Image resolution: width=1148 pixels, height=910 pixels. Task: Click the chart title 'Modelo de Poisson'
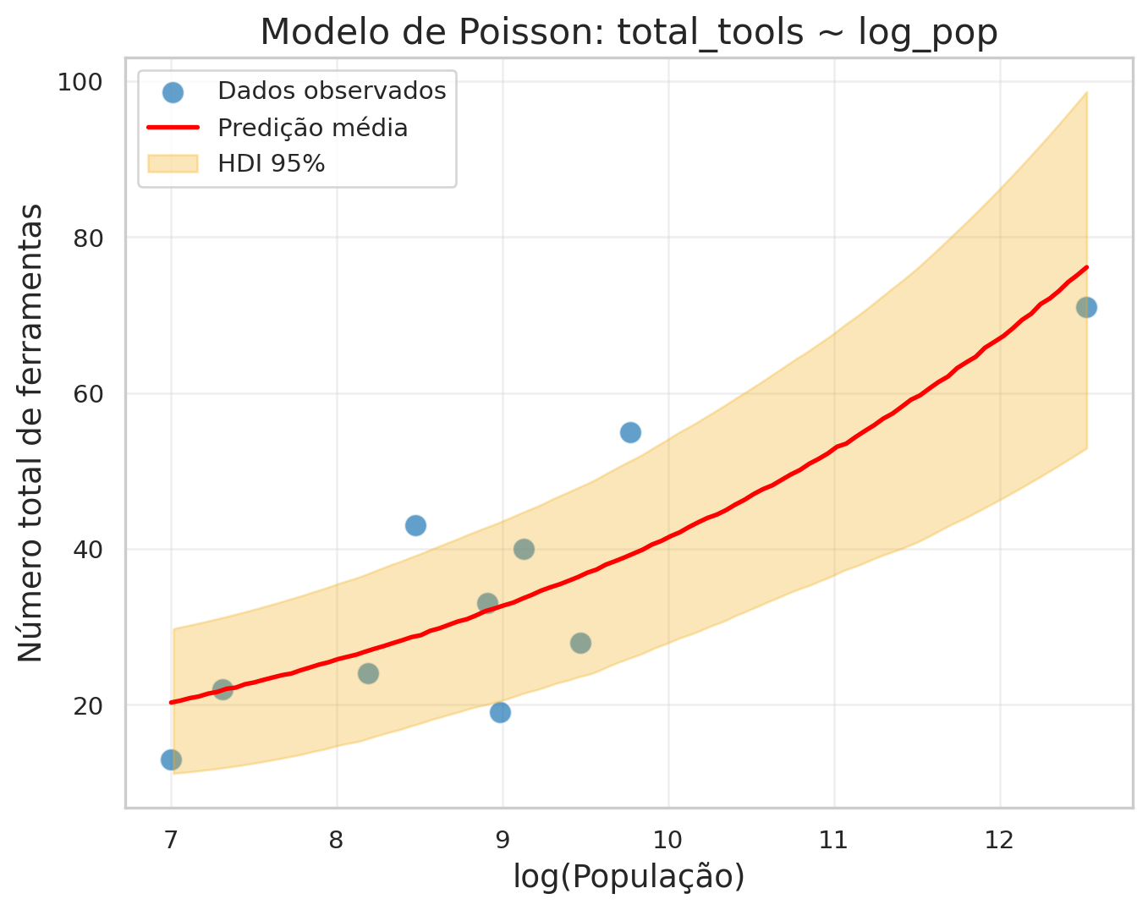[x=629, y=32]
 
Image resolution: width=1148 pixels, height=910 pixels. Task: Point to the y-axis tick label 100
[x=79, y=82]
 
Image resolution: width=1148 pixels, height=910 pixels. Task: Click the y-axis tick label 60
[x=85, y=393]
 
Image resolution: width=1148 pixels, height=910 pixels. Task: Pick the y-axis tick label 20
[x=85, y=705]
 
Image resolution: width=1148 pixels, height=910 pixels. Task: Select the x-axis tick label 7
[x=171, y=840]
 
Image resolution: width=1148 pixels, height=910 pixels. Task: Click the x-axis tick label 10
[x=668, y=840]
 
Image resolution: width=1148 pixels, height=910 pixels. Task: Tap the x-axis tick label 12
[x=1000, y=840]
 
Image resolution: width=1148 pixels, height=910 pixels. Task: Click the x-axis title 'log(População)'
[x=629, y=878]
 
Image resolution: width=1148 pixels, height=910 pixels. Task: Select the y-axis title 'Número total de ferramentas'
[x=30, y=432]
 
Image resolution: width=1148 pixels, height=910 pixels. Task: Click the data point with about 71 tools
[x=1086, y=307]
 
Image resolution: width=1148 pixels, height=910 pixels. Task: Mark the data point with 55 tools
[x=630, y=432]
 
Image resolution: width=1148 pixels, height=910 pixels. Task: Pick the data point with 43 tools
[x=415, y=525]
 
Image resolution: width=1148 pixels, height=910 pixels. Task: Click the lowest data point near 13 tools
[x=171, y=759]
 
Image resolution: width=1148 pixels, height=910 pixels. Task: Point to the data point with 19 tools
[x=500, y=712]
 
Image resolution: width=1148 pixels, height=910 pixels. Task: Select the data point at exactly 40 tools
[x=524, y=549]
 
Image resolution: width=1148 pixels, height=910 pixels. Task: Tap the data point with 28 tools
[x=580, y=643]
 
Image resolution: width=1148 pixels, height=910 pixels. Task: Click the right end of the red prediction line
[x=1085, y=267]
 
